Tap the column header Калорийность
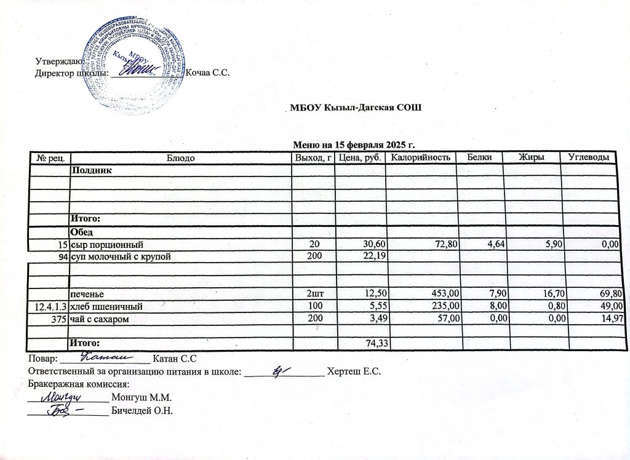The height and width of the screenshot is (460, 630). point(421,158)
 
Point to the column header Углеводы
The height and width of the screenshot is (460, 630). point(588,158)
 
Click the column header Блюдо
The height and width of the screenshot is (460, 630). point(181,158)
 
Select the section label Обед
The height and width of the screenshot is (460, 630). point(82,232)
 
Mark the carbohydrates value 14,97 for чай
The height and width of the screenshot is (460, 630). point(606,317)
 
